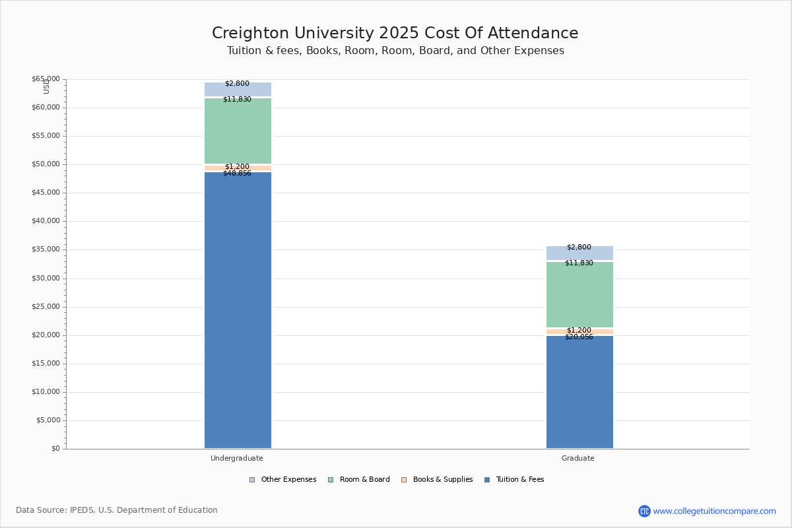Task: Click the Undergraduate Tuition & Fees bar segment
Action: (x=238, y=310)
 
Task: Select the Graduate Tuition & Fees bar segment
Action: (x=579, y=392)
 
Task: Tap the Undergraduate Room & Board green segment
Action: (x=238, y=132)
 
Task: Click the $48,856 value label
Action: (x=237, y=174)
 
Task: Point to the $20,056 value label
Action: (x=579, y=337)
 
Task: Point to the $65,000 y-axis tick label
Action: (x=46, y=79)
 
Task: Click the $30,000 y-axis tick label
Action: (x=46, y=279)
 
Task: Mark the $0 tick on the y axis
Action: (x=55, y=449)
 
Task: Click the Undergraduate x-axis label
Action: (x=237, y=458)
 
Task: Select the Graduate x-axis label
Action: (x=578, y=458)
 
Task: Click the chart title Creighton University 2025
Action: (x=395, y=34)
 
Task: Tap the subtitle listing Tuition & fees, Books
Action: (x=395, y=51)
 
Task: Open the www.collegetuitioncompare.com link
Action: (x=714, y=511)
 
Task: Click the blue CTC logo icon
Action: (x=644, y=511)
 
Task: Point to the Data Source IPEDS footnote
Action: (x=117, y=510)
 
